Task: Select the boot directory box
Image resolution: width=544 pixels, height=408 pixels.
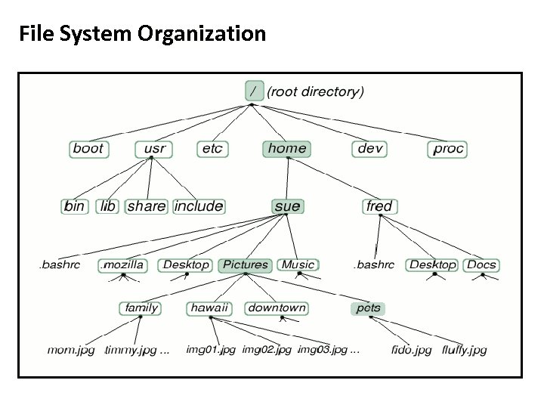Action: tap(88, 148)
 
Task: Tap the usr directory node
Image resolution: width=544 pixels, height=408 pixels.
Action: tap(155, 148)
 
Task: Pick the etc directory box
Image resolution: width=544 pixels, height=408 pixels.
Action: tap(212, 148)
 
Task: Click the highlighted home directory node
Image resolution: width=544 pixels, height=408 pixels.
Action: tap(287, 148)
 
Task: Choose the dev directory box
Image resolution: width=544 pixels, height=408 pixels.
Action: tap(370, 148)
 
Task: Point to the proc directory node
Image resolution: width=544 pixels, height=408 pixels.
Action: tap(448, 148)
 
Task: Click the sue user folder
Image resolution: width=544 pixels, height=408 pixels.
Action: tap(287, 206)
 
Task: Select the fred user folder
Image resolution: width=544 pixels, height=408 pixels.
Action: tap(379, 206)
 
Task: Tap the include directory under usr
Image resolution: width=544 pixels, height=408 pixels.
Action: tap(199, 206)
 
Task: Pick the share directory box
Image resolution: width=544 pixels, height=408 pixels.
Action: tap(147, 206)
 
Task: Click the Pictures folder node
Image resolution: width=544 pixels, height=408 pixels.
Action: tap(245, 264)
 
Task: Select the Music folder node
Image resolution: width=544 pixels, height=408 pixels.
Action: tap(298, 264)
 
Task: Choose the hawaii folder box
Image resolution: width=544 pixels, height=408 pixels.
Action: tap(209, 308)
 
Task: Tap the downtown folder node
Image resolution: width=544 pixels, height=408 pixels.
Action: tap(277, 308)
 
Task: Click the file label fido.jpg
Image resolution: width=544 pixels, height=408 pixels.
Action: tap(412, 350)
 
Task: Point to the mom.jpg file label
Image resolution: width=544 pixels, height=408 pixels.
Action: tap(71, 350)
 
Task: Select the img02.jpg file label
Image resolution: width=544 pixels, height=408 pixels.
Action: tap(267, 350)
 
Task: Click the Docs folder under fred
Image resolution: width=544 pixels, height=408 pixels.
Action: tap(481, 264)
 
